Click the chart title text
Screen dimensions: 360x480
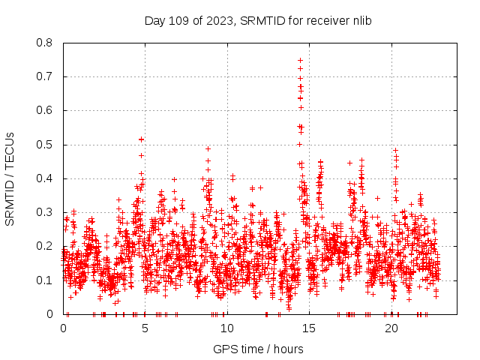tap(259, 19)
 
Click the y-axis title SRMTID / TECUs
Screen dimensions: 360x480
tap(10, 178)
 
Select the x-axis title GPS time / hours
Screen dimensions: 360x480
tap(258, 349)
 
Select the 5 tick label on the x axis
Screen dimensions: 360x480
tap(145, 328)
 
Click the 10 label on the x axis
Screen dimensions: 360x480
tap(227, 328)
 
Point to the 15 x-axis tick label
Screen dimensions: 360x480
tap(309, 328)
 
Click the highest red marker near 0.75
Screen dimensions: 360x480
tap(300, 60)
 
